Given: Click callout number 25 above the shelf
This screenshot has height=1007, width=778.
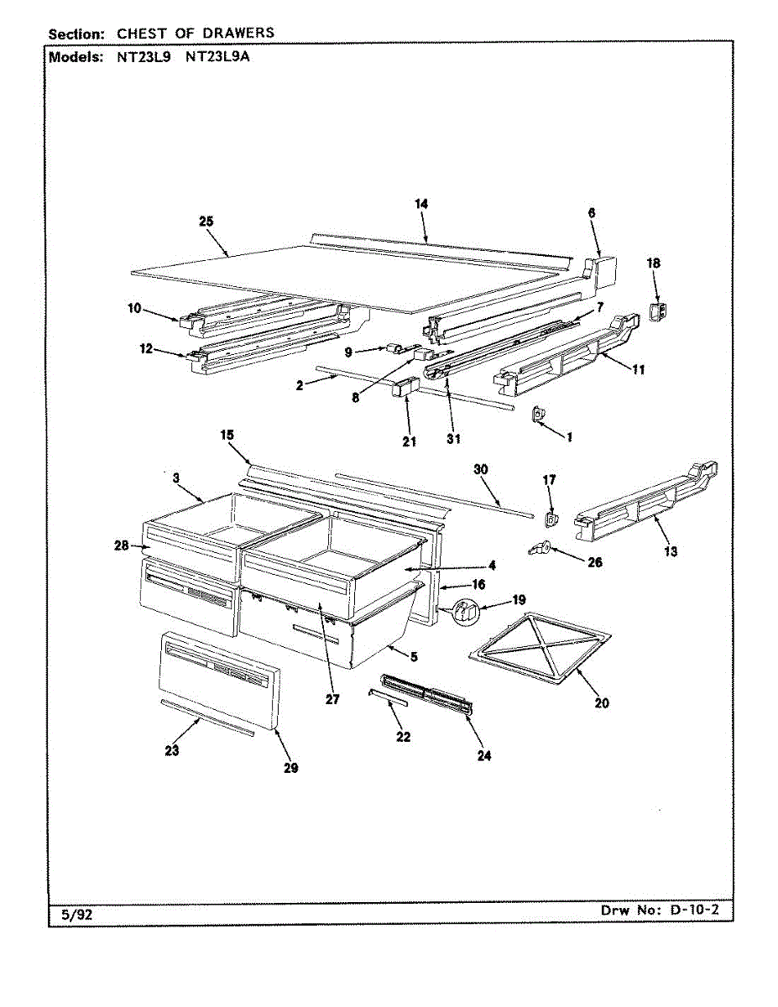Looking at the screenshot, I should pyautogui.click(x=206, y=222).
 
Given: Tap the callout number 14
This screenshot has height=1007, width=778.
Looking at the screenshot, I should pyautogui.click(x=421, y=204).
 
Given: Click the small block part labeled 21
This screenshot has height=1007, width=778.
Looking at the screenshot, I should pyautogui.click(x=405, y=392).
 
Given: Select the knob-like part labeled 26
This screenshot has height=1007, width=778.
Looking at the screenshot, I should pyautogui.click(x=539, y=549).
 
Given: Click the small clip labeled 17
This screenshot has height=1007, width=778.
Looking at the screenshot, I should pyautogui.click(x=550, y=520).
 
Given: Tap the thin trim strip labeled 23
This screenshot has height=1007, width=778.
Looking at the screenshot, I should pyautogui.click(x=206, y=717).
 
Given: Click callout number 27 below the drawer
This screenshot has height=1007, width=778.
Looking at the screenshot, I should pyautogui.click(x=332, y=699).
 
